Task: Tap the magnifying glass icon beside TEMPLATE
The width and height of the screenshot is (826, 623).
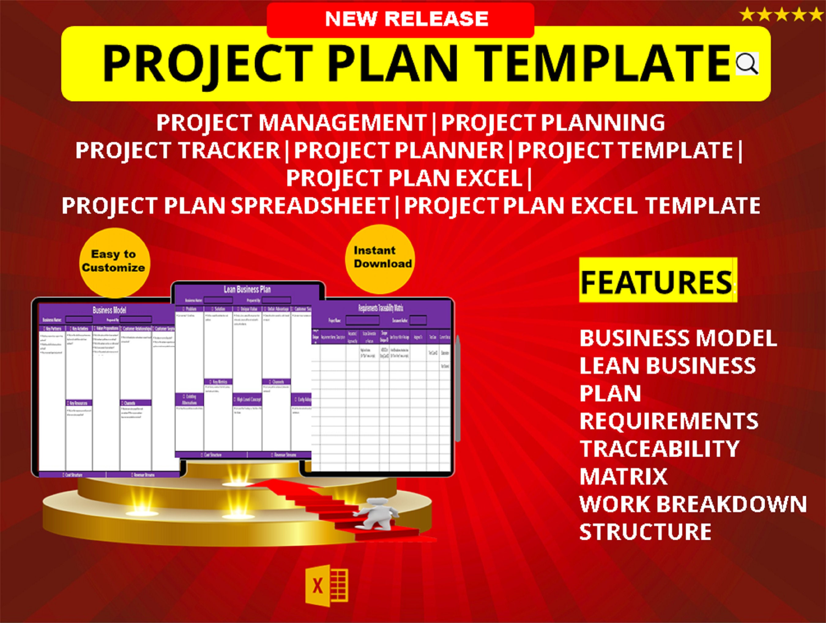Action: [x=747, y=64]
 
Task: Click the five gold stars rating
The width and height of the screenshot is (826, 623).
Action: [x=781, y=15]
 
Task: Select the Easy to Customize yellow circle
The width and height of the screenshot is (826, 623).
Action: [x=114, y=262]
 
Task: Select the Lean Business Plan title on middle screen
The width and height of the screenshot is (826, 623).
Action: [x=247, y=289]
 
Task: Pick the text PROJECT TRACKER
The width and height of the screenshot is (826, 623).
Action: [x=178, y=150]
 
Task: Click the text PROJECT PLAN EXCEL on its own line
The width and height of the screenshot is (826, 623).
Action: [x=404, y=178]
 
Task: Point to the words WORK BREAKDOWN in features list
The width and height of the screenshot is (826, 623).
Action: [x=693, y=504]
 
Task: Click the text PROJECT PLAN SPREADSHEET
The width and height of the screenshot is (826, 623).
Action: [x=225, y=205]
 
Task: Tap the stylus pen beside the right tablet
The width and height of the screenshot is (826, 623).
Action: [x=458, y=389]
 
